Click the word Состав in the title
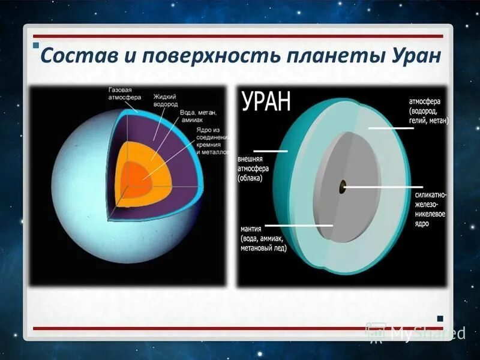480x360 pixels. point(75,57)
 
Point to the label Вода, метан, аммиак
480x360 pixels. point(196,116)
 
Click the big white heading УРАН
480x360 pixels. point(266,100)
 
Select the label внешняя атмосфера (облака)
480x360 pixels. point(254,169)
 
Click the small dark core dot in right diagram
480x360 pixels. point(342,187)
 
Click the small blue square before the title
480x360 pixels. point(35,47)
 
